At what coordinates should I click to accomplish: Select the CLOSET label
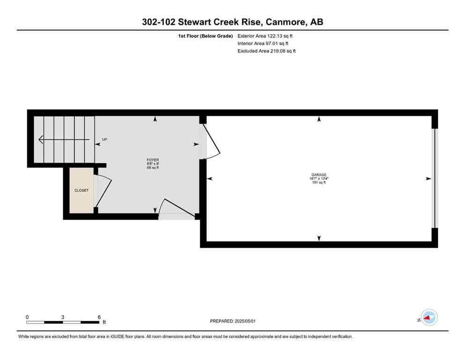click(81, 190)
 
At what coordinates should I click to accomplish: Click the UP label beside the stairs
click(104, 139)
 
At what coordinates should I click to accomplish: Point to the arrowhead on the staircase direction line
click(41, 139)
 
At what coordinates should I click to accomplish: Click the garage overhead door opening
click(434, 178)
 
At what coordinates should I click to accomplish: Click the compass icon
click(428, 318)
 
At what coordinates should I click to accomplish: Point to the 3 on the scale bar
click(63, 317)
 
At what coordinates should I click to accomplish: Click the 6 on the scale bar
click(99, 317)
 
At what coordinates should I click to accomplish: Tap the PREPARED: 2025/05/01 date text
click(233, 321)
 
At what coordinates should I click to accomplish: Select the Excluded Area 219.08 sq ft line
click(266, 51)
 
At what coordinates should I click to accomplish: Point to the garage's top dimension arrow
click(319, 120)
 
